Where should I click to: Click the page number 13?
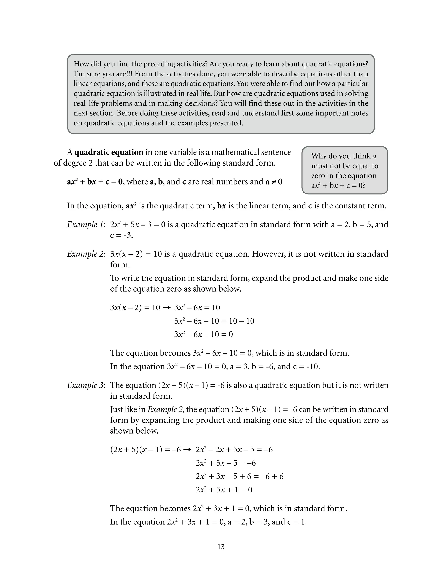[221, 547]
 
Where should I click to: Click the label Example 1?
[86, 224]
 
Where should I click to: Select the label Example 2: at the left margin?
[86, 254]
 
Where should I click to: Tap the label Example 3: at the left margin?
[86, 385]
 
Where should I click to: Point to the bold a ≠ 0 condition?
[274, 182]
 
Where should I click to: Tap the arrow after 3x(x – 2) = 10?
[167, 308]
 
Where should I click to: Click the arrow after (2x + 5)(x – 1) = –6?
[188, 450]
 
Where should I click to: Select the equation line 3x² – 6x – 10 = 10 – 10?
[214, 321]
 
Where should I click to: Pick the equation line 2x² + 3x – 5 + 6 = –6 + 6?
[239, 476]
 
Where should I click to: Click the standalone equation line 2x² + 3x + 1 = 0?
[224, 490]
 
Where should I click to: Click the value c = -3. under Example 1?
[122, 235]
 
